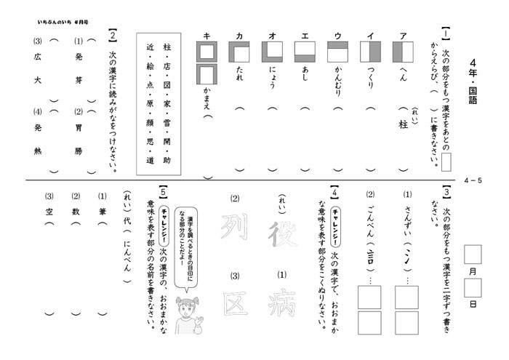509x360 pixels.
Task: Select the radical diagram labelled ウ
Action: coord(337,51)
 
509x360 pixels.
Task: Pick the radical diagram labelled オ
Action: coord(271,51)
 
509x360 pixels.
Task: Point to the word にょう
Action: coord(271,76)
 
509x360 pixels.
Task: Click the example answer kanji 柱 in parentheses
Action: coord(403,124)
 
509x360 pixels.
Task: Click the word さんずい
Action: coord(406,219)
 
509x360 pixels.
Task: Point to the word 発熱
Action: coord(38,138)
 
